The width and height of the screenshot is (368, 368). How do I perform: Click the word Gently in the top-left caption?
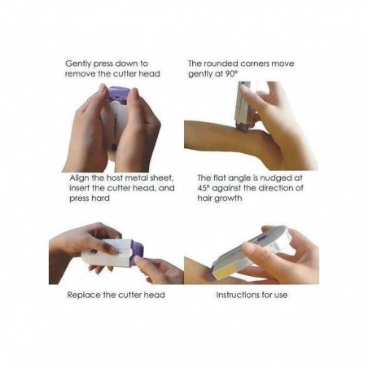(x=78, y=64)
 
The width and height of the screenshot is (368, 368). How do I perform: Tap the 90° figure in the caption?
(x=231, y=73)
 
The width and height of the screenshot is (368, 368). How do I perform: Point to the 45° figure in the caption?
(x=203, y=188)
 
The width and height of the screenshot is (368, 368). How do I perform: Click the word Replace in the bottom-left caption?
(x=84, y=296)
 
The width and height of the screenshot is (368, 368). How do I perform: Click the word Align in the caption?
(x=79, y=178)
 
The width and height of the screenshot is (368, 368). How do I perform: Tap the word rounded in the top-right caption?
(x=219, y=64)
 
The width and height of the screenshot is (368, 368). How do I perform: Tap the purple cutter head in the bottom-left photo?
(x=137, y=253)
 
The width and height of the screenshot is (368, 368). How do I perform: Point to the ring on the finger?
(x=90, y=100)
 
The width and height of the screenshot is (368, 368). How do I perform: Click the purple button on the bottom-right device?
(x=261, y=239)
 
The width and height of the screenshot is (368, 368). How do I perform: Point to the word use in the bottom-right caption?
(x=281, y=296)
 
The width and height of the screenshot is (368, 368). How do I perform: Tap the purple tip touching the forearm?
(x=243, y=127)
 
